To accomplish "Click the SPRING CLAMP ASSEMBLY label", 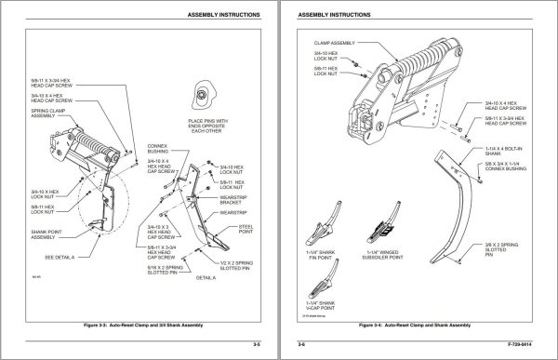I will point(44,112).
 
